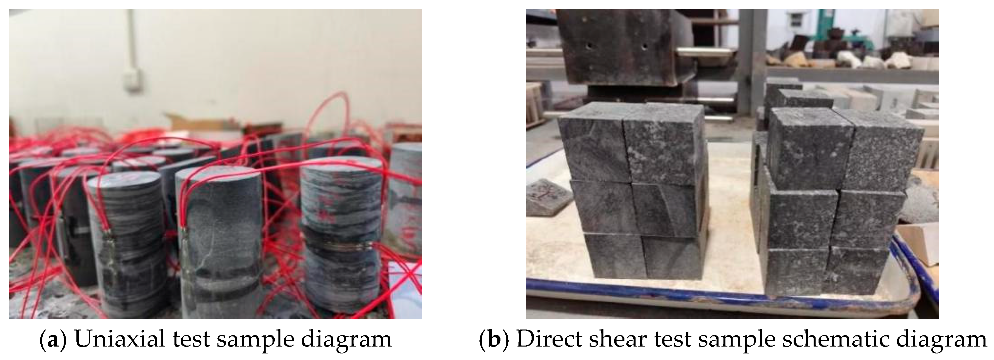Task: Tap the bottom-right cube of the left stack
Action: point(673,258)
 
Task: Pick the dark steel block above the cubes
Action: point(621,46)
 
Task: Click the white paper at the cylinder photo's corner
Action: point(405,286)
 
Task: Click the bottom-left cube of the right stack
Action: point(797,272)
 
